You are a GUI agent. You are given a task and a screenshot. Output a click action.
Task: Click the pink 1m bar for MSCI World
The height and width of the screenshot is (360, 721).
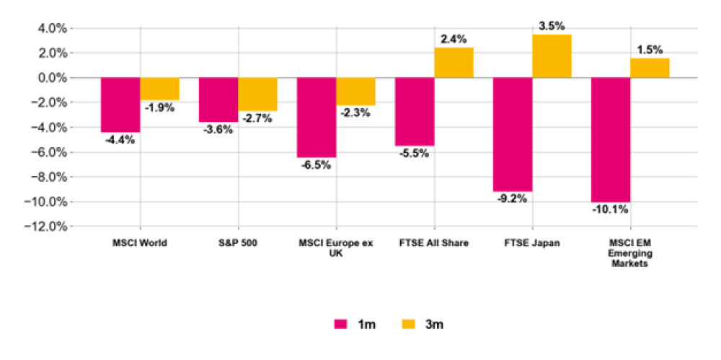(120, 105)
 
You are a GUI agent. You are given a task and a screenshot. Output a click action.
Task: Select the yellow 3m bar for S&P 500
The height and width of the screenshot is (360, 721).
(257, 94)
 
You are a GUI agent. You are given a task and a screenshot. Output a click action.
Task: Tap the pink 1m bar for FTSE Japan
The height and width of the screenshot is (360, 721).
(513, 134)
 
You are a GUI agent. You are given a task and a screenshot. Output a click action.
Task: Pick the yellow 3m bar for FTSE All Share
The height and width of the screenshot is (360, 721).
(454, 63)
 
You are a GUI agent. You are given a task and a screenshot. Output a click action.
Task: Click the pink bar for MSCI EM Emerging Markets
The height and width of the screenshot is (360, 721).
(611, 140)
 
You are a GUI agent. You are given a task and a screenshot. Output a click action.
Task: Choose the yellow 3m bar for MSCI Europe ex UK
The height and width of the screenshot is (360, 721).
(355, 92)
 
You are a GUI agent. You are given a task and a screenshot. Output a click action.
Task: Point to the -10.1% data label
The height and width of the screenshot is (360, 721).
(609, 210)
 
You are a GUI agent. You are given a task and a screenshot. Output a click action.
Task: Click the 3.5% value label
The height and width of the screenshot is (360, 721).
(552, 27)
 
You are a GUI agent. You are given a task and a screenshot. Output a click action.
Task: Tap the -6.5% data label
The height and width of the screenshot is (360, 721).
(317, 164)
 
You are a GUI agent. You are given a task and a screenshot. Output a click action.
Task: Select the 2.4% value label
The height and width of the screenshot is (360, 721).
(454, 39)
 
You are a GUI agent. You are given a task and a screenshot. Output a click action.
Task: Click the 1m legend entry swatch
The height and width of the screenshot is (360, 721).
(340, 324)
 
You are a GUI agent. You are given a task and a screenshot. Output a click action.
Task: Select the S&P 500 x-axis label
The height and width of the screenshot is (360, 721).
(239, 243)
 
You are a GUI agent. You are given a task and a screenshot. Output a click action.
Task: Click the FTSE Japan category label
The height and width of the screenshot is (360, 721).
(532, 243)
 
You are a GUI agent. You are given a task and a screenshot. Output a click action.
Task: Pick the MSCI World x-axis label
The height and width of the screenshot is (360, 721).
(141, 243)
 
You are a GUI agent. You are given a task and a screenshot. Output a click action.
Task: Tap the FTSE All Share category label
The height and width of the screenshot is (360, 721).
(434, 243)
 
